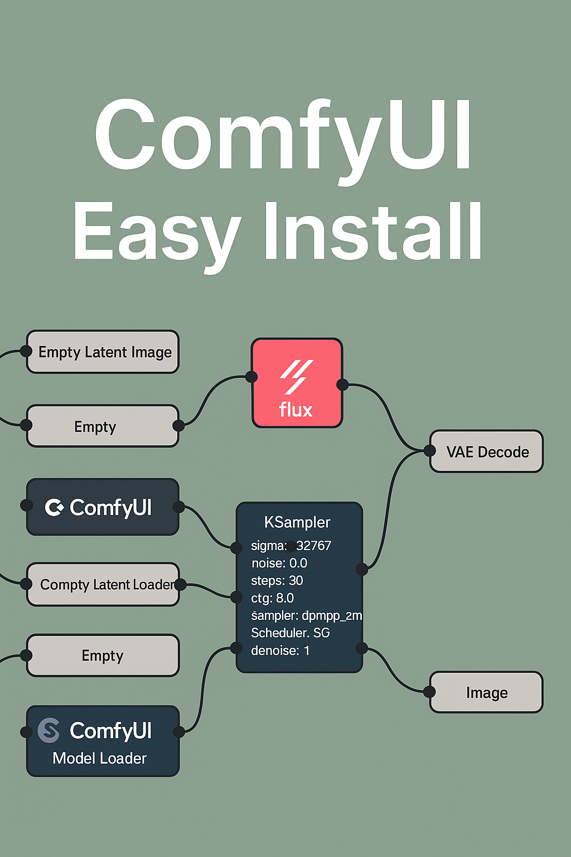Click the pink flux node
[297, 383]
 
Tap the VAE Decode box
[486, 451]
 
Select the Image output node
[486, 692]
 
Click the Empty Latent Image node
[103, 352]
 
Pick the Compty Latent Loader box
[103, 584]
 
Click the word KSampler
[297, 522]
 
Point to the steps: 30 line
[277, 581]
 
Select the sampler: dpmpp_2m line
[306, 615]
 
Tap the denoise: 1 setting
[280, 651]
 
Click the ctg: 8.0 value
[272, 598]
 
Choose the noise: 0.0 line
[279, 563]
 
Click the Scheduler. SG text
[291, 633]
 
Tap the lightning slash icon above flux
[297, 377]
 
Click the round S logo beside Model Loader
[49, 730]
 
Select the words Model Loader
[99, 758]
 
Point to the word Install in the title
[373, 231]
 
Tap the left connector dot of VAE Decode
[429, 451]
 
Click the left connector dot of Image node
[429, 692]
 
